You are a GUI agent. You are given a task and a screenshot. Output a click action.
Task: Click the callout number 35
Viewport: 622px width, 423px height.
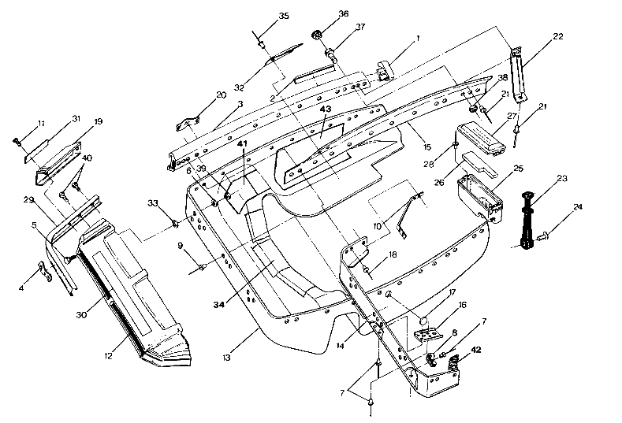tap(284, 16)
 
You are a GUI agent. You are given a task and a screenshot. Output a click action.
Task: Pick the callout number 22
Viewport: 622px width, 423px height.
tap(558, 37)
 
